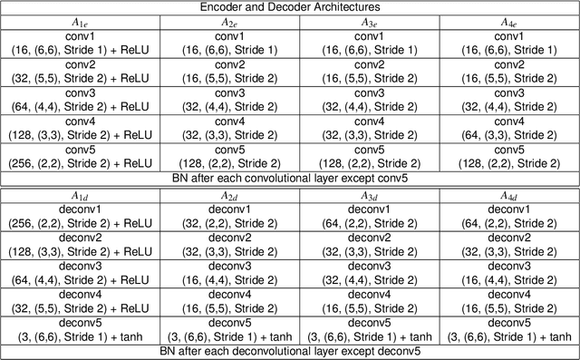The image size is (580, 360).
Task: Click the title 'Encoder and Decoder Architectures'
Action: coord(290,6)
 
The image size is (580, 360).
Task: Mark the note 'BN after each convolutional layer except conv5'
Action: coord(290,176)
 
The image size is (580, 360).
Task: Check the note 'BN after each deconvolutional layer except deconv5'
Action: coord(290,352)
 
